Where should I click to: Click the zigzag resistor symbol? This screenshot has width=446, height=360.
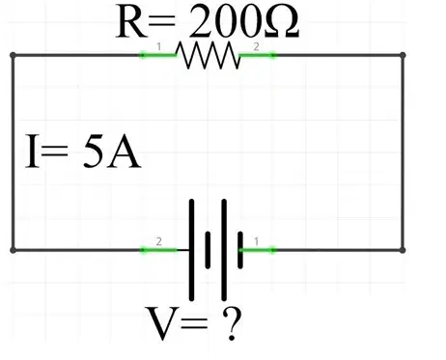[x=208, y=55]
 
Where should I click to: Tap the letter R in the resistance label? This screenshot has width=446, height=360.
[x=131, y=21]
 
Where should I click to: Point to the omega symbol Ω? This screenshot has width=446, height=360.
[x=282, y=21]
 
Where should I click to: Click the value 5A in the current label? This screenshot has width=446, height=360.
[x=112, y=152]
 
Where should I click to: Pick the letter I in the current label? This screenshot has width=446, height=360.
[x=32, y=152]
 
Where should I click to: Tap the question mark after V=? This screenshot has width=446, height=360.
[x=232, y=323]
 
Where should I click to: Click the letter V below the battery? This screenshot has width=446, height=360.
[x=162, y=323]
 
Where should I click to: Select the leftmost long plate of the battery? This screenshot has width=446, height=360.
[x=191, y=250]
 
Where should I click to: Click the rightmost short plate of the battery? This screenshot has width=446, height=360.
[x=240, y=250]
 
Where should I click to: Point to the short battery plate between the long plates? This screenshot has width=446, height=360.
[x=208, y=250]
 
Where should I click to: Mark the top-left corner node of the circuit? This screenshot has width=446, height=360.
[x=13, y=55]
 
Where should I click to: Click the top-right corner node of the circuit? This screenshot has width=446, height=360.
[x=403, y=55]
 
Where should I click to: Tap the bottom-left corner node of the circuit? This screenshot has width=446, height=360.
[x=13, y=250]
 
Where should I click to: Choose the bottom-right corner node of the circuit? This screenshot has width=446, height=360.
[x=403, y=250]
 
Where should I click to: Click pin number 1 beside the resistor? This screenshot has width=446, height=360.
[x=158, y=47]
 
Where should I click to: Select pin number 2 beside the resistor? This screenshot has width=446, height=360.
[x=256, y=47]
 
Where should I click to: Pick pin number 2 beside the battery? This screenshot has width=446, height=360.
[x=158, y=241]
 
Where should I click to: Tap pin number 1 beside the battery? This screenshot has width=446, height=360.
[x=257, y=241]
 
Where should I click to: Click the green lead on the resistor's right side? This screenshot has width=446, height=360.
[x=258, y=55]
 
